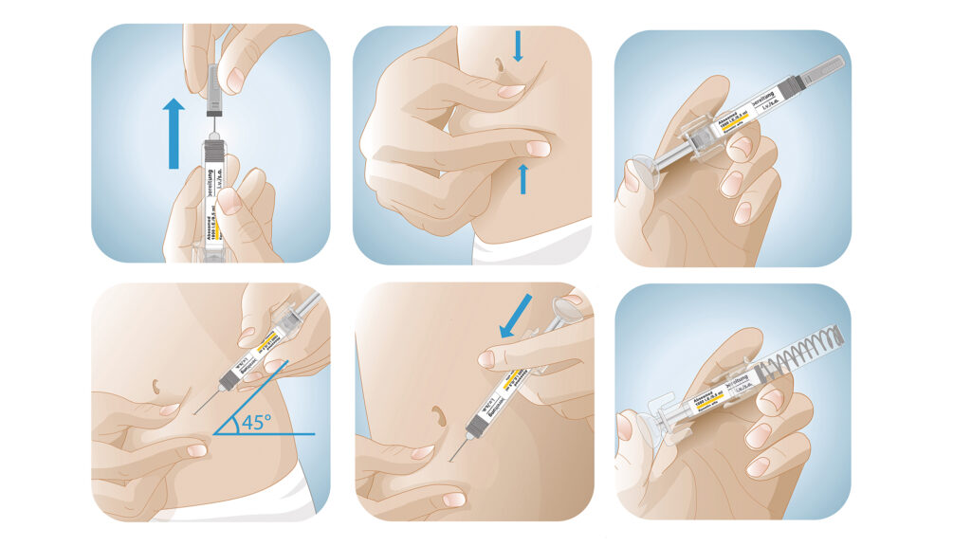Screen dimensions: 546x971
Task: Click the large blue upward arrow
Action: coord(173,133)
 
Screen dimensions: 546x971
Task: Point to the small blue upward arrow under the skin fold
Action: coord(522,177)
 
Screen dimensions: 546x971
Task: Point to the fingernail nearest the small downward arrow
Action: coord(510,92)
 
